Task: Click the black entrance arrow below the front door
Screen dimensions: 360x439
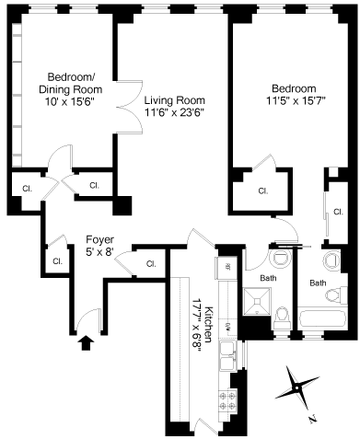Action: tap(87, 342)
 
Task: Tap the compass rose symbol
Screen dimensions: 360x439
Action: tap(296, 388)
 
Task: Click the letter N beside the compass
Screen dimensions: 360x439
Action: tap(312, 419)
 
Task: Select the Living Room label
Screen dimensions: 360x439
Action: tap(175, 100)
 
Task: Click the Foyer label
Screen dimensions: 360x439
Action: tap(99, 239)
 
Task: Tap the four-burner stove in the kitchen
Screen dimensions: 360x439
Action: tap(227, 400)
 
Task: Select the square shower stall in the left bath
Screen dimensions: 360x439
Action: tap(257, 301)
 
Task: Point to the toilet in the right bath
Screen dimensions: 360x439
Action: tap(336, 295)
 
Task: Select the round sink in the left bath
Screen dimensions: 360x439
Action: tap(280, 257)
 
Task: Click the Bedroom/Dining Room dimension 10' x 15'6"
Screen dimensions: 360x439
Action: tap(70, 101)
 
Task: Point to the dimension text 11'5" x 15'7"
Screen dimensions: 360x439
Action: tap(296, 100)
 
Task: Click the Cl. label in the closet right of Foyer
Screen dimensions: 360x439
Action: tap(151, 264)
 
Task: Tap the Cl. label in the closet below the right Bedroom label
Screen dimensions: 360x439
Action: tap(263, 191)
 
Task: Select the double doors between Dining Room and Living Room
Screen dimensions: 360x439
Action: tap(130, 107)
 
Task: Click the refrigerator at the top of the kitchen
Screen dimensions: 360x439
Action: tap(226, 266)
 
